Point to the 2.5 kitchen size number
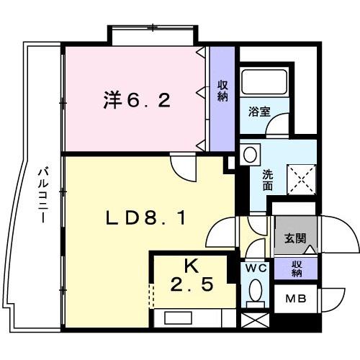coord(190,284)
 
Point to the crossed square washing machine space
coord(302,176)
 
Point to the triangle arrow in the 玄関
coord(309,249)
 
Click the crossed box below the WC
coord(254,321)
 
